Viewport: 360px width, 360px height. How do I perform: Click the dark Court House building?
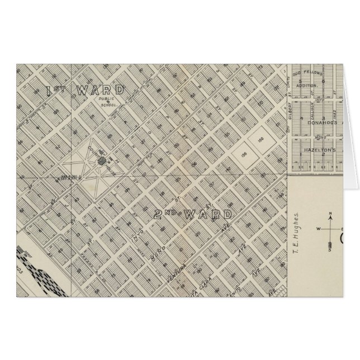click(x=102, y=161)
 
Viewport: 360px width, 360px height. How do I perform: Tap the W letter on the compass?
click(x=319, y=229)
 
